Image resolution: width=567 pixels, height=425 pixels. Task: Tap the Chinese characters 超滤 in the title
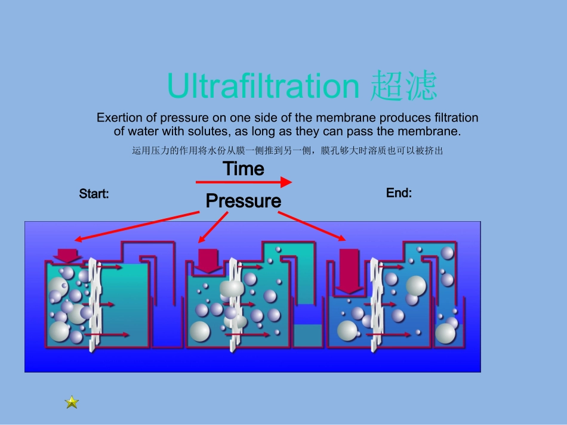tap(403, 86)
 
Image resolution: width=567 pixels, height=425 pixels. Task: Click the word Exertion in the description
tap(119, 117)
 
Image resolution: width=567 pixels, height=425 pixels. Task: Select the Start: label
tap(94, 194)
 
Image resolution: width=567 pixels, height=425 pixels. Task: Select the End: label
tap(399, 193)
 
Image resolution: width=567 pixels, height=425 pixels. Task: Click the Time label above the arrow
tap(244, 169)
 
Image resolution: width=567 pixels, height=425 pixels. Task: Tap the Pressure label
tap(243, 201)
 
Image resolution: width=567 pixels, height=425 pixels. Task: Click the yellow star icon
tap(72, 402)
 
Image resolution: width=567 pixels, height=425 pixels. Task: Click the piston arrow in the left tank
tap(67, 255)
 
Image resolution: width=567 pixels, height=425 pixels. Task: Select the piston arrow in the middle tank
tap(209, 260)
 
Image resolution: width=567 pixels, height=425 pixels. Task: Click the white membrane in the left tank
tap(93, 304)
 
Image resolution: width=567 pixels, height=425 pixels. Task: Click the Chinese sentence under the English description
tap(287, 151)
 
